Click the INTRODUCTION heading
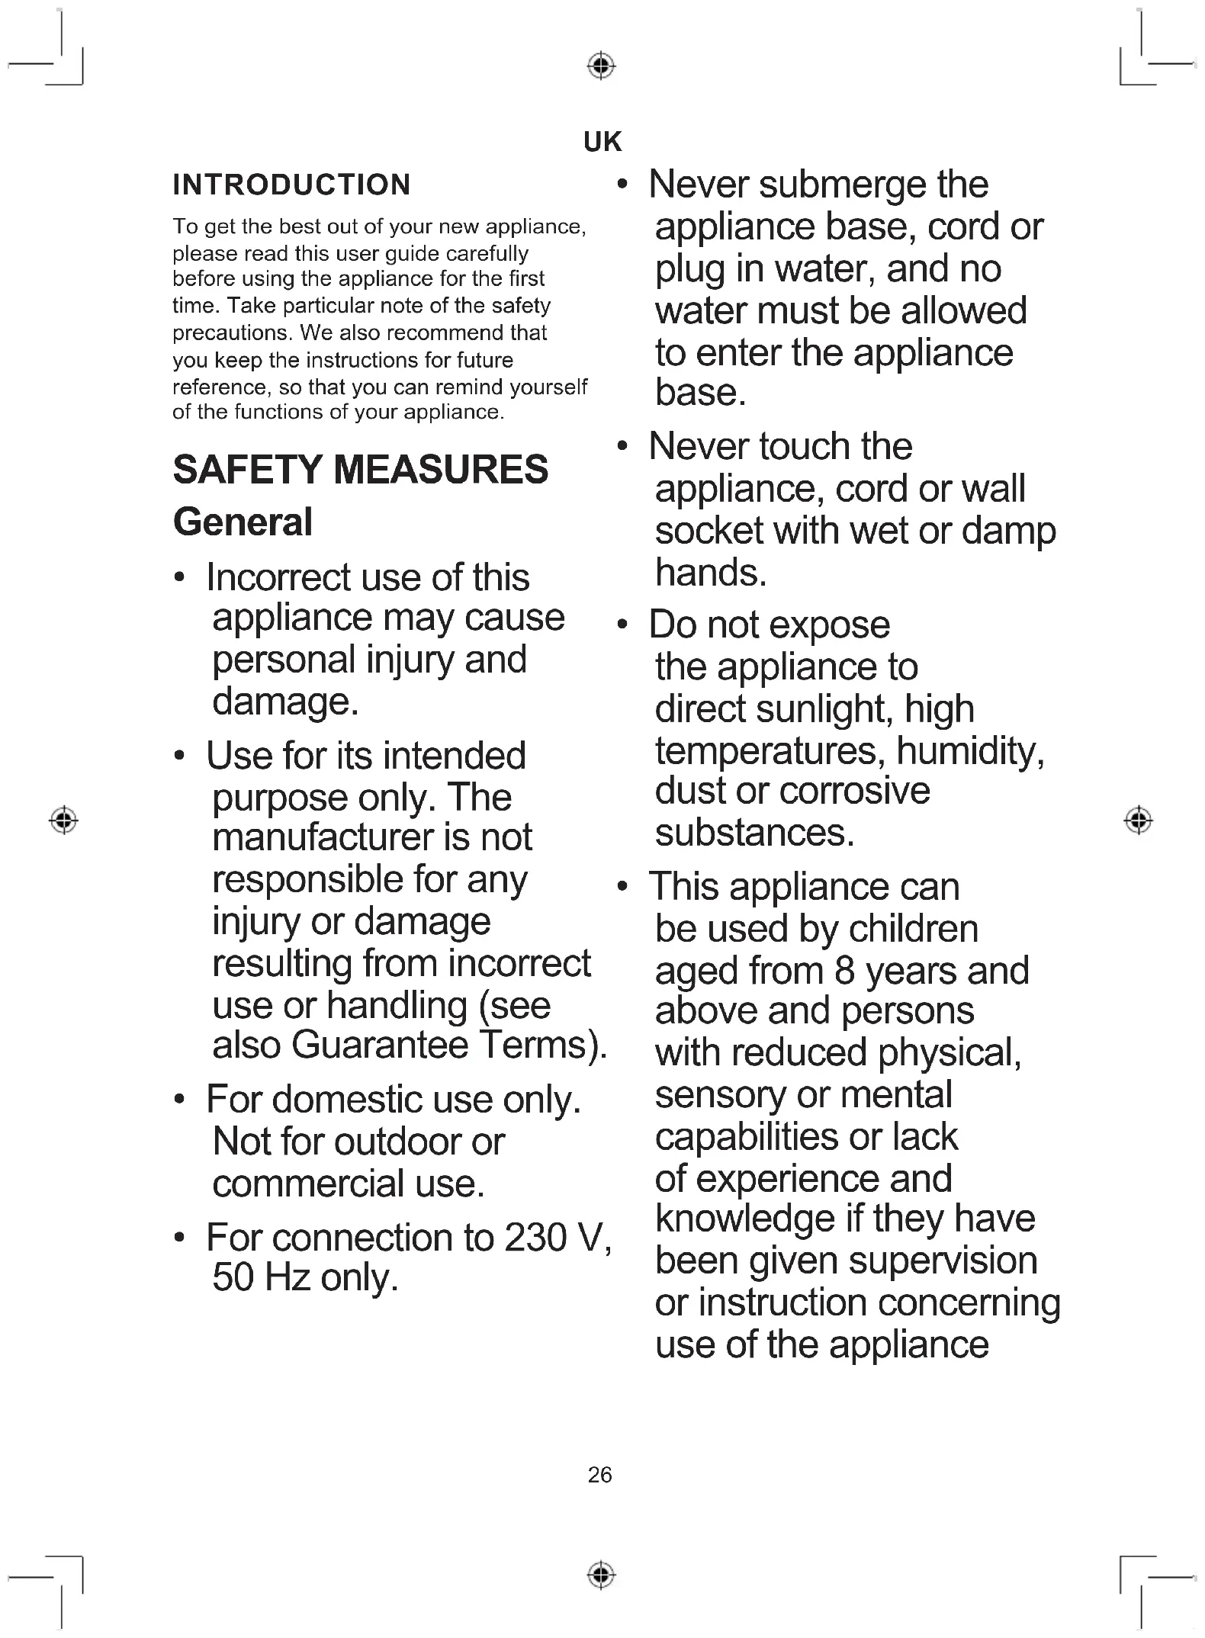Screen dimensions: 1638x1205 point(291,185)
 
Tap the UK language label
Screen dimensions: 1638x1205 point(602,142)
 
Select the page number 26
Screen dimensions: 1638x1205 point(599,1475)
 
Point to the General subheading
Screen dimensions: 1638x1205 point(243,522)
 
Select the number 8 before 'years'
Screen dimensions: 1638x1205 point(844,971)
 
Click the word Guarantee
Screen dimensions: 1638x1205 point(380,1045)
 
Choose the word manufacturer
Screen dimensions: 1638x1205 point(321,837)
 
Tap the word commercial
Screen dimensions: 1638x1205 point(308,1184)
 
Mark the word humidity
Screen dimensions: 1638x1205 point(969,751)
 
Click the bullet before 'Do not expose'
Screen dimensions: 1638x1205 point(622,625)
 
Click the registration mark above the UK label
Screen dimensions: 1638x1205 point(601,66)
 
